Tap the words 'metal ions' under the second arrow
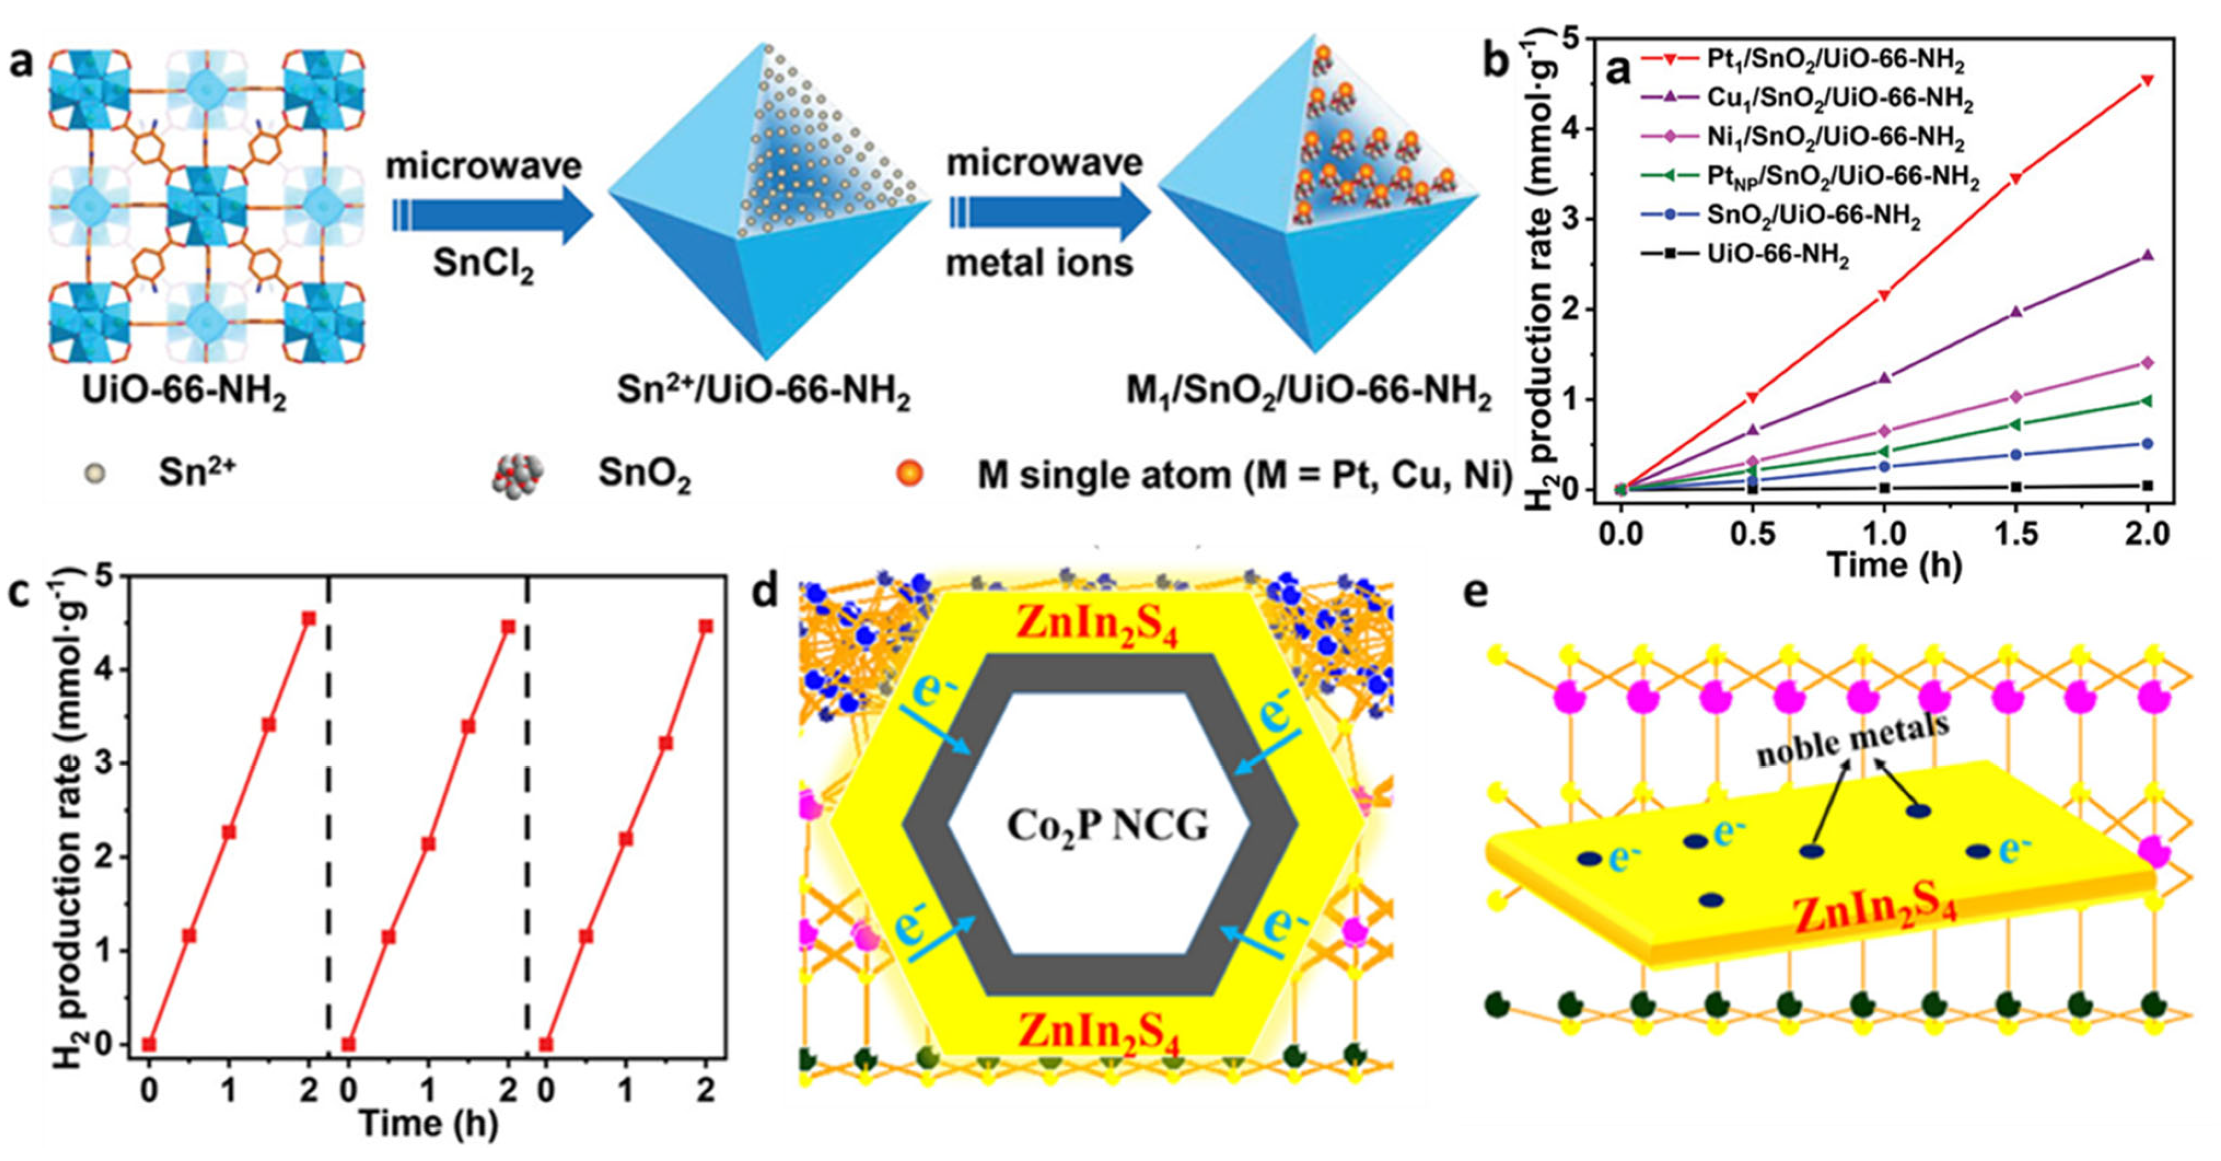click(1040, 262)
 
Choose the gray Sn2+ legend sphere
click(94, 473)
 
